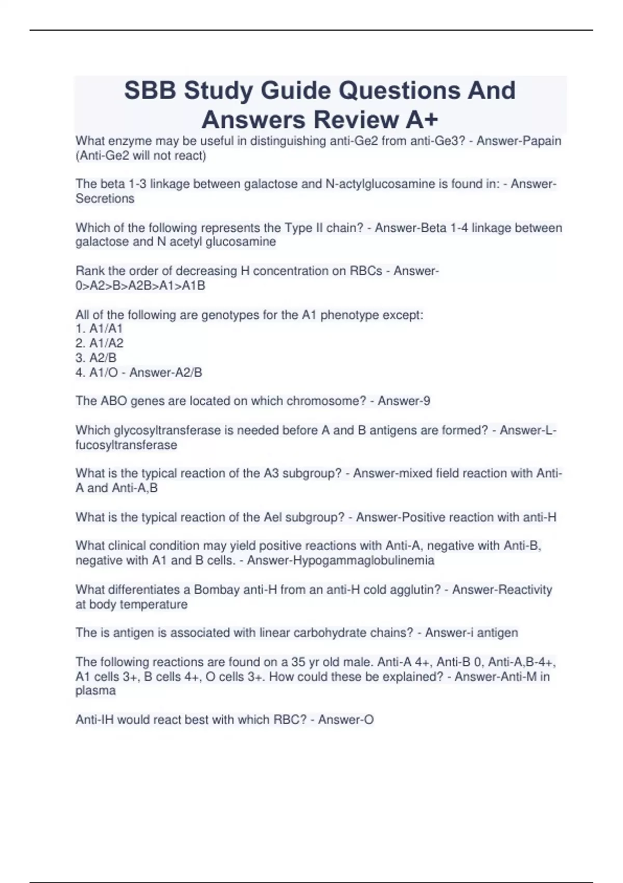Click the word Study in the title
pyautogui.click(x=218, y=90)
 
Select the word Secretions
pyautogui.click(x=105, y=198)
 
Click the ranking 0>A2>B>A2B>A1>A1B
pyautogui.click(x=140, y=286)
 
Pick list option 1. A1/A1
pyautogui.click(x=99, y=328)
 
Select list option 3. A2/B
pyautogui.click(x=96, y=358)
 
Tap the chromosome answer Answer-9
pyautogui.click(x=404, y=401)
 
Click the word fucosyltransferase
pyautogui.click(x=126, y=445)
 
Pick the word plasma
pyautogui.click(x=96, y=691)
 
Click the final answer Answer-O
pyautogui.click(x=346, y=720)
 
